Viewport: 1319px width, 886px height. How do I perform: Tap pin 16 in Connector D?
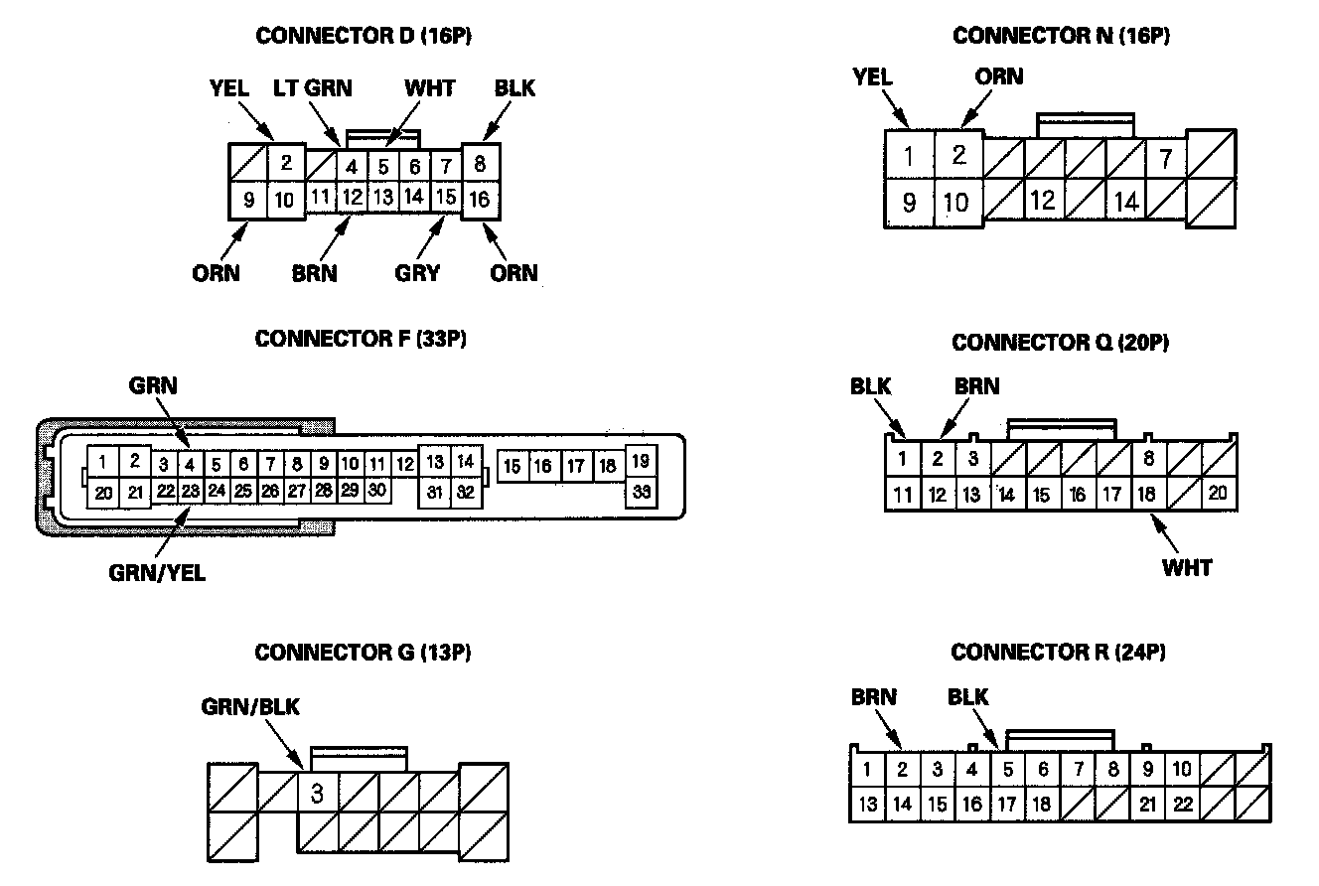(x=480, y=200)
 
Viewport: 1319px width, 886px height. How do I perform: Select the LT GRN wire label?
(x=312, y=87)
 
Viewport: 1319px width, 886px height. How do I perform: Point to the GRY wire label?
(x=417, y=272)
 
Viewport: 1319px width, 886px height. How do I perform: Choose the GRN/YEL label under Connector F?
(x=158, y=573)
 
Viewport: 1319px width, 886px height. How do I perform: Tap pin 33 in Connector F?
(x=641, y=492)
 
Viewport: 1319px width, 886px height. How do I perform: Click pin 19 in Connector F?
(x=641, y=460)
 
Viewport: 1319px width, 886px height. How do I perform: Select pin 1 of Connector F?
(x=103, y=461)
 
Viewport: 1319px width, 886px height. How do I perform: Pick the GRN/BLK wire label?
(x=250, y=707)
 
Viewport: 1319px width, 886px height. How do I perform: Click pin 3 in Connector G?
(x=317, y=794)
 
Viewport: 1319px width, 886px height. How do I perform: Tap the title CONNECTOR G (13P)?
(x=363, y=653)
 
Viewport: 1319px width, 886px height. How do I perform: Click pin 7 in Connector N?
(x=1166, y=157)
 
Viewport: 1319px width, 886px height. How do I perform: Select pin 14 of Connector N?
(x=1125, y=202)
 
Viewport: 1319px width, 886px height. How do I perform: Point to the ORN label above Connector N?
(x=998, y=76)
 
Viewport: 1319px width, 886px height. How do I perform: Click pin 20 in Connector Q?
(x=1219, y=493)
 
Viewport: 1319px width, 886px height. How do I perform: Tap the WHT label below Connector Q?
(x=1187, y=567)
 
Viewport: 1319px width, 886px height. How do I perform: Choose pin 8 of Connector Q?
(x=1148, y=459)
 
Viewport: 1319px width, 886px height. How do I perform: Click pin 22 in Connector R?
(x=1182, y=804)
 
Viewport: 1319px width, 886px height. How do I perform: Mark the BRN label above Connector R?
(x=873, y=697)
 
